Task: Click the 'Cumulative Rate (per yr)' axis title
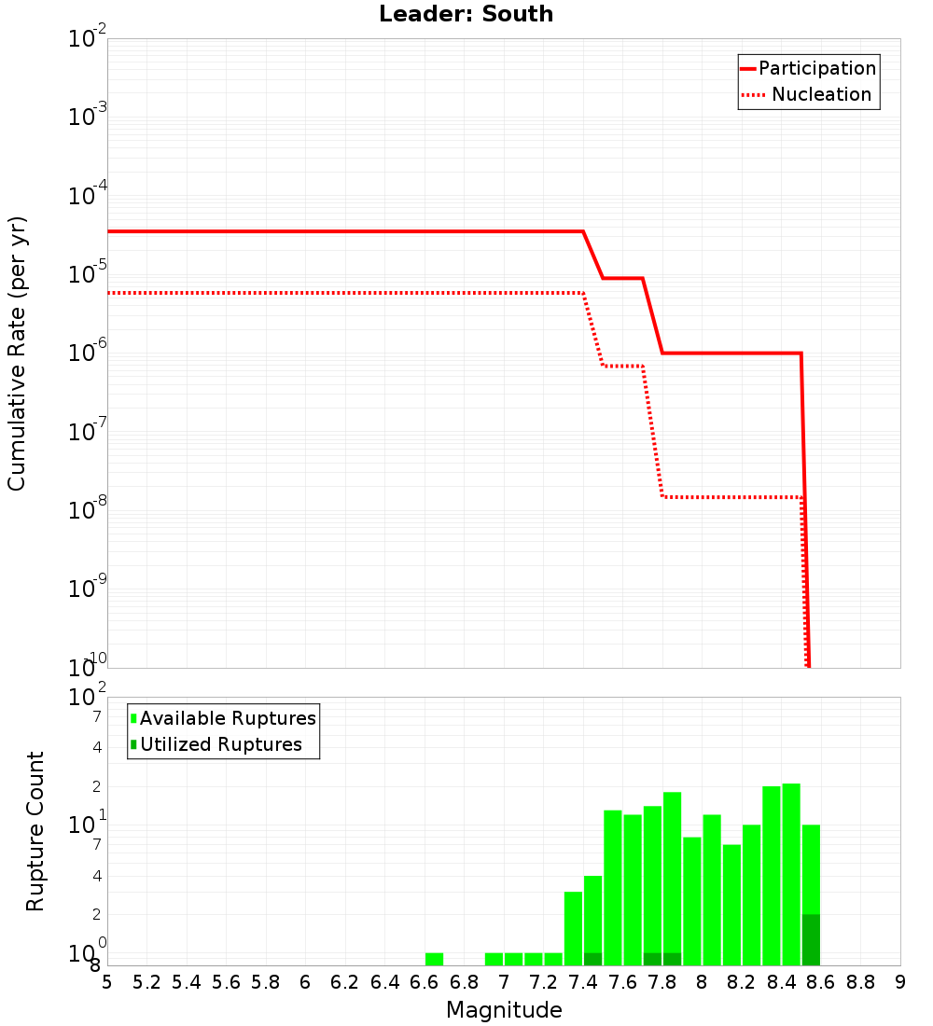click(17, 353)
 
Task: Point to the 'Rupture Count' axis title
click(35, 831)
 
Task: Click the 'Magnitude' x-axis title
click(504, 1010)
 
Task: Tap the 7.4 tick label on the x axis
click(583, 982)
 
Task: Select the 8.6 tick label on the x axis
click(821, 982)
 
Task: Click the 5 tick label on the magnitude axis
click(107, 982)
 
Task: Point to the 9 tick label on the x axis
click(900, 982)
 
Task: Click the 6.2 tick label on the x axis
click(345, 982)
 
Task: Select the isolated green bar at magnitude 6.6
click(434, 959)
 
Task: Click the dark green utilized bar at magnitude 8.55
click(811, 940)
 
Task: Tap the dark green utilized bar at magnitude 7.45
click(592, 959)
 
